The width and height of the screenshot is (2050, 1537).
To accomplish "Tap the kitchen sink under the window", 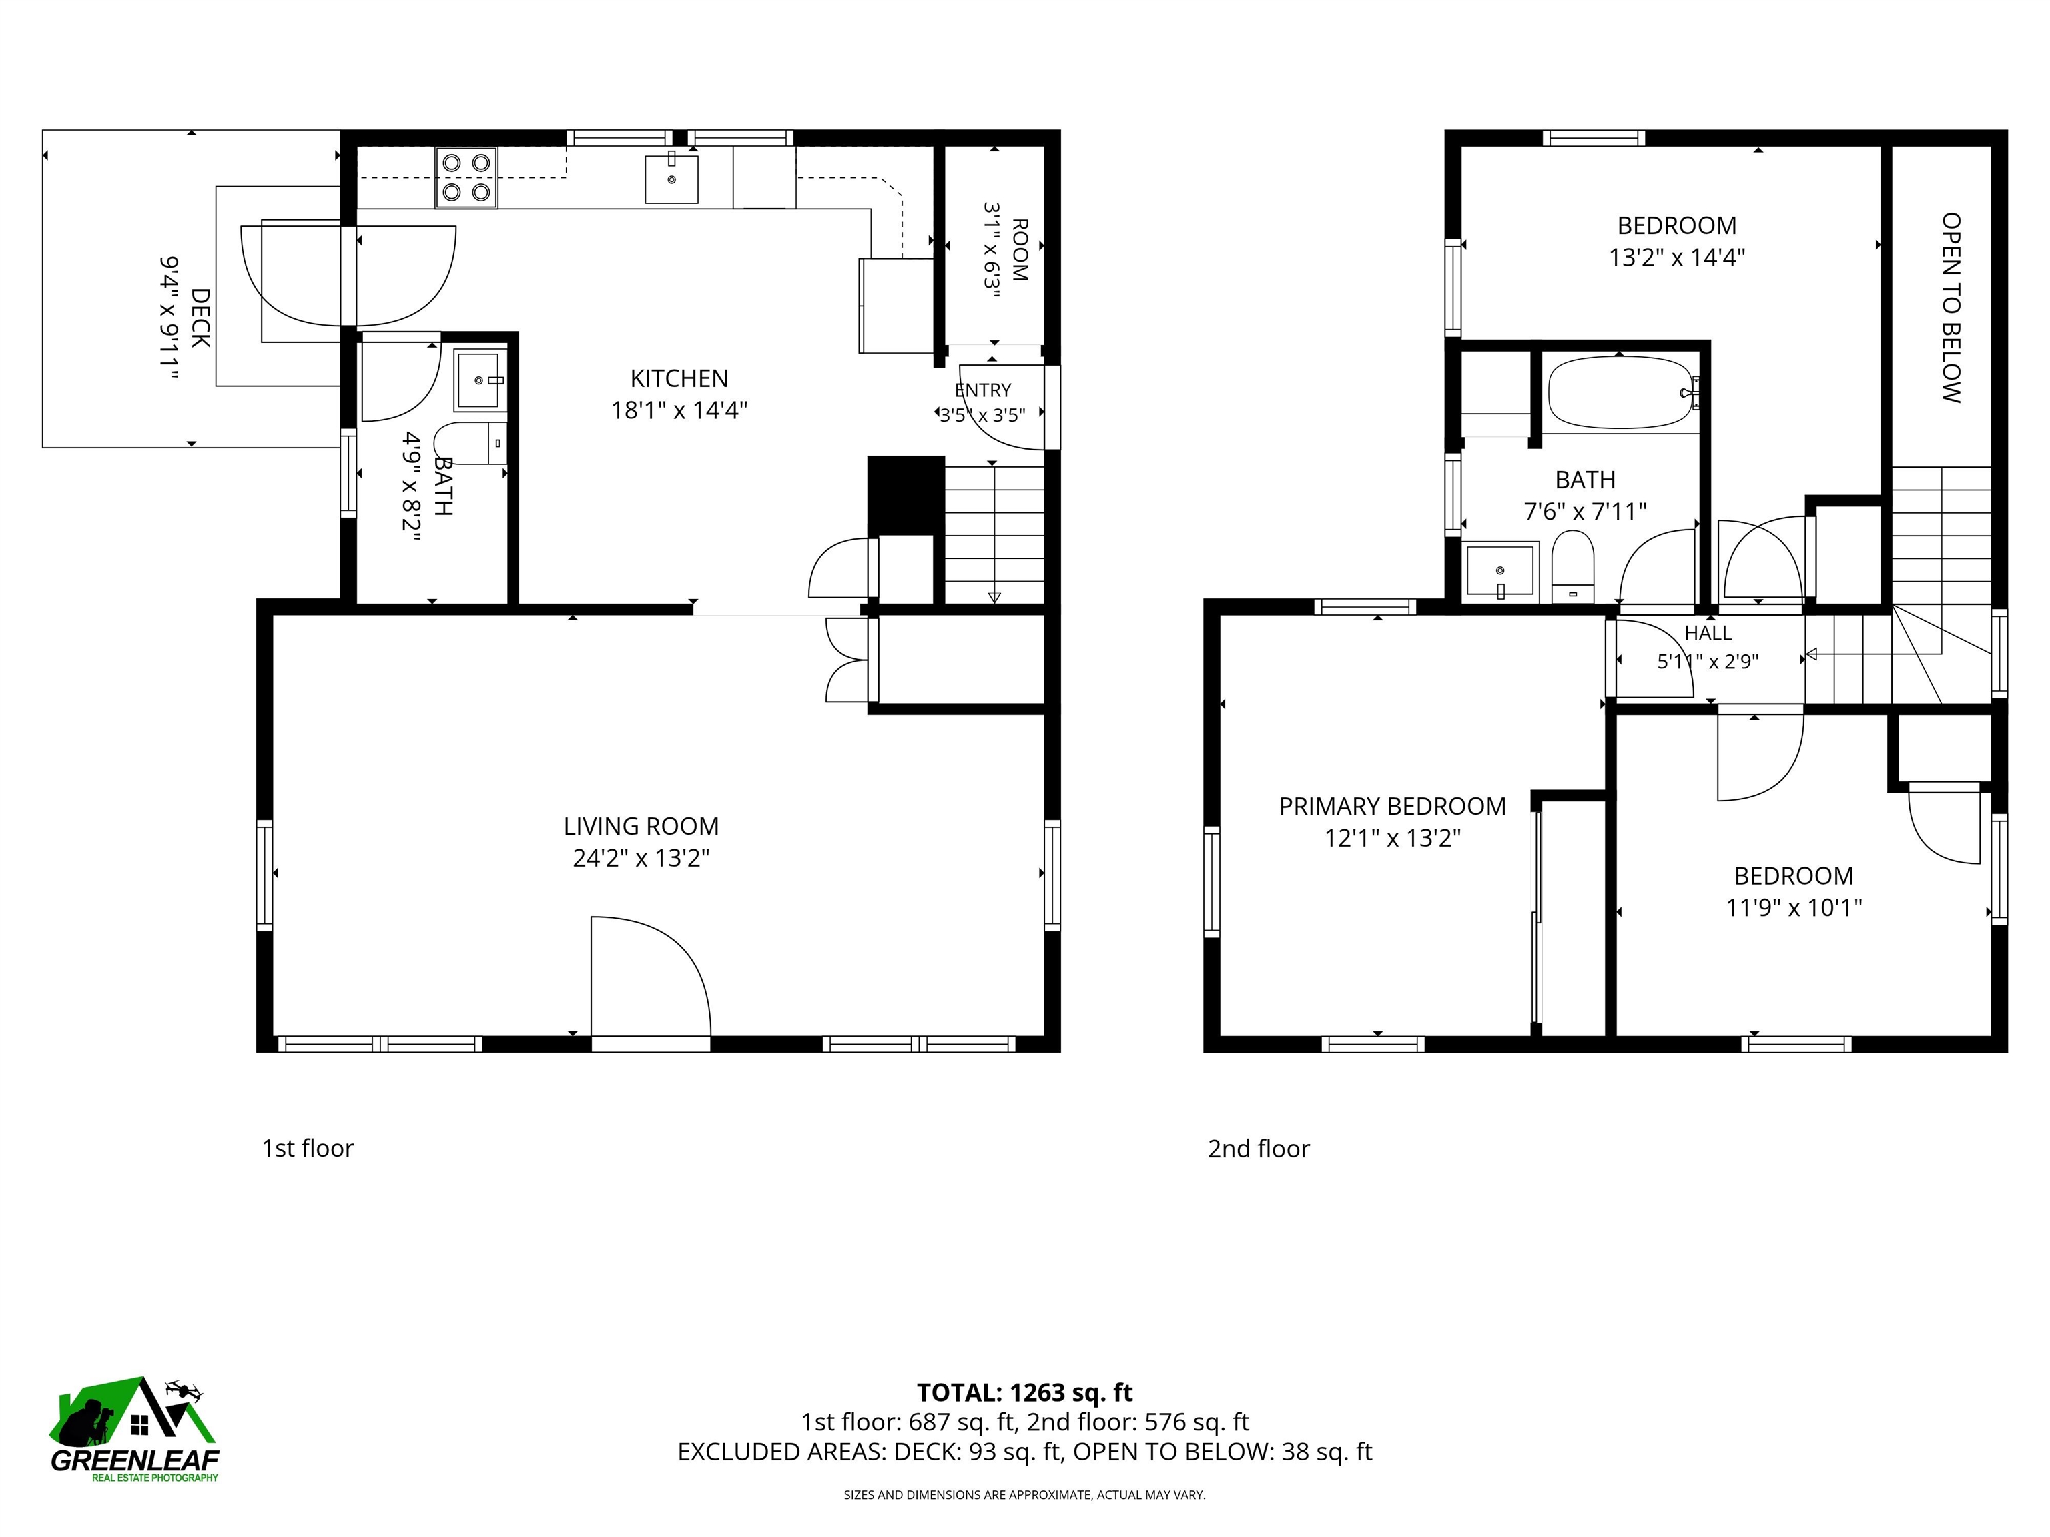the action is (x=671, y=179).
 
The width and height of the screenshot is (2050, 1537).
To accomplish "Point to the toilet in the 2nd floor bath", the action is (x=1573, y=567).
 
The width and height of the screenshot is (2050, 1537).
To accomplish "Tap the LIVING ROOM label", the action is (x=641, y=825).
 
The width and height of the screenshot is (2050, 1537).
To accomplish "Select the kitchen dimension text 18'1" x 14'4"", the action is (x=679, y=410).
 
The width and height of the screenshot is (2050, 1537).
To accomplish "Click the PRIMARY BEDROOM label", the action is (x=1392, y=806).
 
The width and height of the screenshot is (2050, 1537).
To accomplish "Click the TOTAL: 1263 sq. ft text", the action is (x=1025, y=1392).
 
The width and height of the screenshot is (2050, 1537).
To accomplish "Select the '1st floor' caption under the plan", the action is (x=308, y=1149).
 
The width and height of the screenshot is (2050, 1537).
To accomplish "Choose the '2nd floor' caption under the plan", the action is (x=1259, y=1149).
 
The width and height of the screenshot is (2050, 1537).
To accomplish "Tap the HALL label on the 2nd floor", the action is (x=1708, y=634).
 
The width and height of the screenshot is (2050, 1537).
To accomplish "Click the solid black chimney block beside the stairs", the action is (x=906, y=496).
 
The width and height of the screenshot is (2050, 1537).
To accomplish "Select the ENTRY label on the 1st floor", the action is (x=982, y=391).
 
